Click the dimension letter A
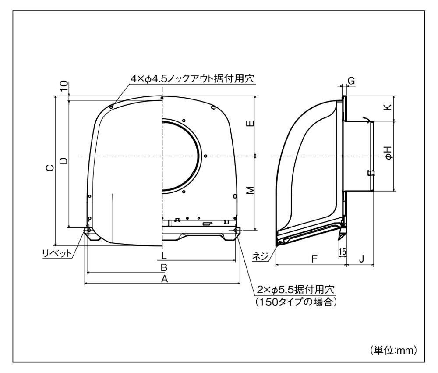tap(165, 279)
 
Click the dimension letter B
tap(164, 267)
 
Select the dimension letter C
tap(50, 167)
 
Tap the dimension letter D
tap(64, 160)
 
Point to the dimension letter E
tap(251, 123)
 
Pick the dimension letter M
tap(251, 190)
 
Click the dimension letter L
tap(164, 255)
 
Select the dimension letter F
tap(314, 259)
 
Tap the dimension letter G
tap(351, 81)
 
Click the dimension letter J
tap(361, 259)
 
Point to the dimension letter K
tap(388, 107)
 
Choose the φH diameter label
tap(388, 153)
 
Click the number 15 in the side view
tap(342, 252)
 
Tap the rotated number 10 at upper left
tap(64, 85)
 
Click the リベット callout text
tap(57, 253)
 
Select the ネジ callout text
tap(261, 256)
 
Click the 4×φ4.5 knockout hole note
tap(193, 78)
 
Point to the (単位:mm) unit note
tap(393, 350)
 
